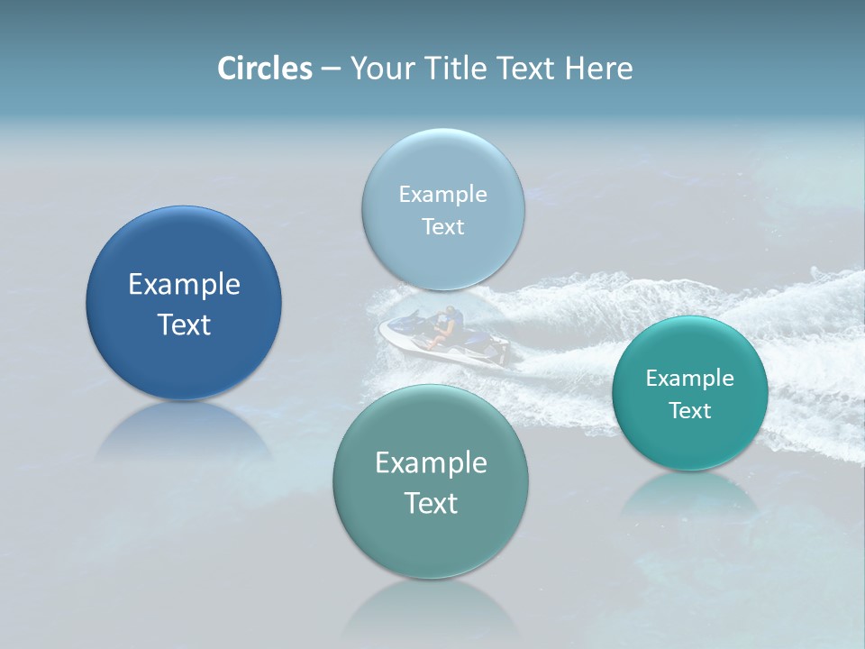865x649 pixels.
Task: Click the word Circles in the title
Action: [x=264, y=69]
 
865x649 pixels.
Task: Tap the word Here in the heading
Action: [x=598, y=69]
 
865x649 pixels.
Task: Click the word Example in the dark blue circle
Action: [x=184, y=285]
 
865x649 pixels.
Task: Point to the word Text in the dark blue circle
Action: [x=184, y=324]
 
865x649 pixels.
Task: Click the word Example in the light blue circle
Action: [x=443, y=195]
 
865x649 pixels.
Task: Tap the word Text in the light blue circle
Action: [x=443, y=227]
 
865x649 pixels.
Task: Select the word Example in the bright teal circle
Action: [x=690, y=379]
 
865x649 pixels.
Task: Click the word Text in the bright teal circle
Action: [x=690, y=411]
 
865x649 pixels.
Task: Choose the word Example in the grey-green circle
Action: [x=431, y=463]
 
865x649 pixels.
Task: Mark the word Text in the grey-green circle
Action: [x=431, y=503]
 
